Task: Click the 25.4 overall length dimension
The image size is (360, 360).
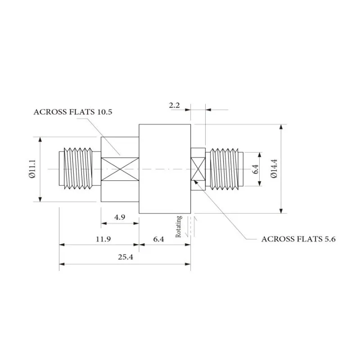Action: click(126, 257)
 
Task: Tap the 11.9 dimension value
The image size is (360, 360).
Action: click(103, 239)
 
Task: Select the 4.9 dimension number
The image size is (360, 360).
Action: click(120, 217)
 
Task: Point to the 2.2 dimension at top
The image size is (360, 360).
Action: click(174, 105)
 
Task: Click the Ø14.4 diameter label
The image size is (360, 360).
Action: click(274, 169)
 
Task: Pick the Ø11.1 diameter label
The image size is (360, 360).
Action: click(32, 169)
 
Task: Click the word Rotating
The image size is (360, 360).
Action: click(179, 226)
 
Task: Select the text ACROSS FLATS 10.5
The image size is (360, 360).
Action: click(73, 112)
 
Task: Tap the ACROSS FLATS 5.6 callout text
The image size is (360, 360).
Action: click(298, 239)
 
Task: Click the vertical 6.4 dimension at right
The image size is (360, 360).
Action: click(256, 169)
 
